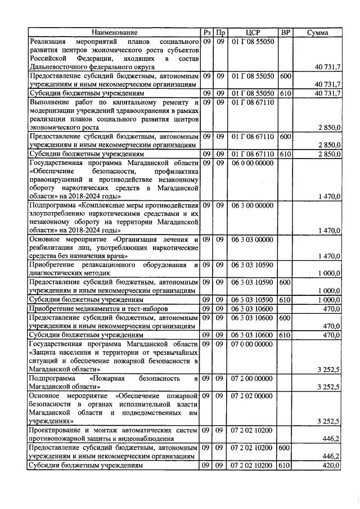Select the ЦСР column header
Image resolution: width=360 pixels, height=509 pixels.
[x=252, y=33]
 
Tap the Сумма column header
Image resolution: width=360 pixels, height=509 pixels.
[x=318, y=33]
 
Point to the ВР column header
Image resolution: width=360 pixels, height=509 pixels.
[x=285, y=33]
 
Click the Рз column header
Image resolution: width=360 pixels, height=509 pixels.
[x=206, y=33]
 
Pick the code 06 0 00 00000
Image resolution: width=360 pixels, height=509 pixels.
[x=252, y=163]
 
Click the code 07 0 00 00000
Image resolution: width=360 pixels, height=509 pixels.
[x=252, y=343]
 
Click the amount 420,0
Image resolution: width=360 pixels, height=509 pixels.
[x=330, y=466]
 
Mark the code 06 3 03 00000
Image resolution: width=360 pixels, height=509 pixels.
[x=252, y=240]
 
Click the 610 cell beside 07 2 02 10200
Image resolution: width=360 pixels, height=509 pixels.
[x=285, y=466]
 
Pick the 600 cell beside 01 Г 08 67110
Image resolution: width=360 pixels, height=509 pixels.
[x=285, y=137]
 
